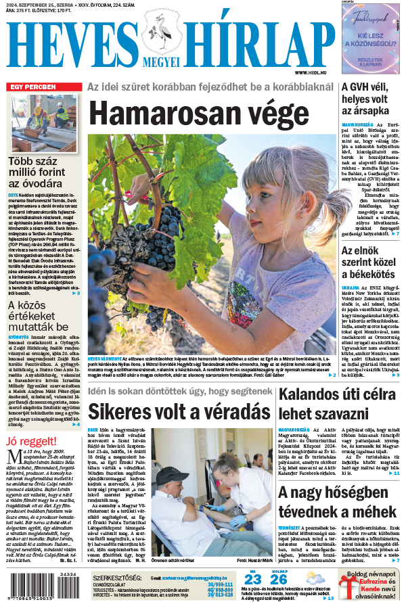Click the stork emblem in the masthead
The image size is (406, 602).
[x=162, y=37]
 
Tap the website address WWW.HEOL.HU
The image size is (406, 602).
[x=313, y=72]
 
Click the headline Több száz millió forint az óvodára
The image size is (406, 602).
[x=44, y=172]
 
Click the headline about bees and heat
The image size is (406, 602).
[x=337, y=502]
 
